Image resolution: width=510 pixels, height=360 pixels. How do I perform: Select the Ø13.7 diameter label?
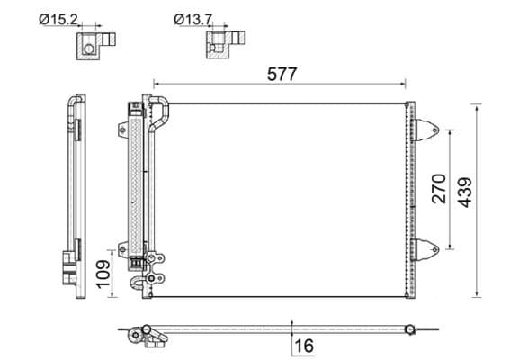(193, 17)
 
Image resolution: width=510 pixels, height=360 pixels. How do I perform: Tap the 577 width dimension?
(282, 75)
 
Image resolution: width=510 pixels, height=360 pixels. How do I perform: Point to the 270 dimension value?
(438, 189)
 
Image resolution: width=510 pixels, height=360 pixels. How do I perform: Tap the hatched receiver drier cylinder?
(138, 180)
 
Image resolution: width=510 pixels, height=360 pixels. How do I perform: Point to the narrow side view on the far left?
(73, 193)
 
